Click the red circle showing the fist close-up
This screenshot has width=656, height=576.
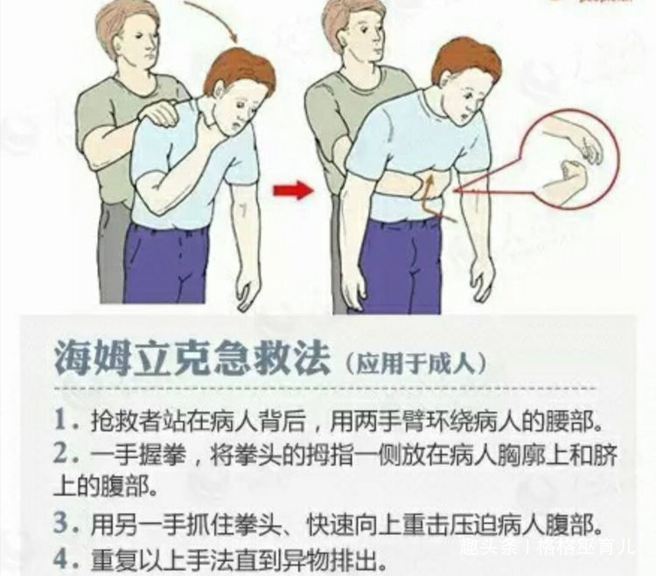click(569, 162)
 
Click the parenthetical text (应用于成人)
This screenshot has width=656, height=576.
click(415, 359)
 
